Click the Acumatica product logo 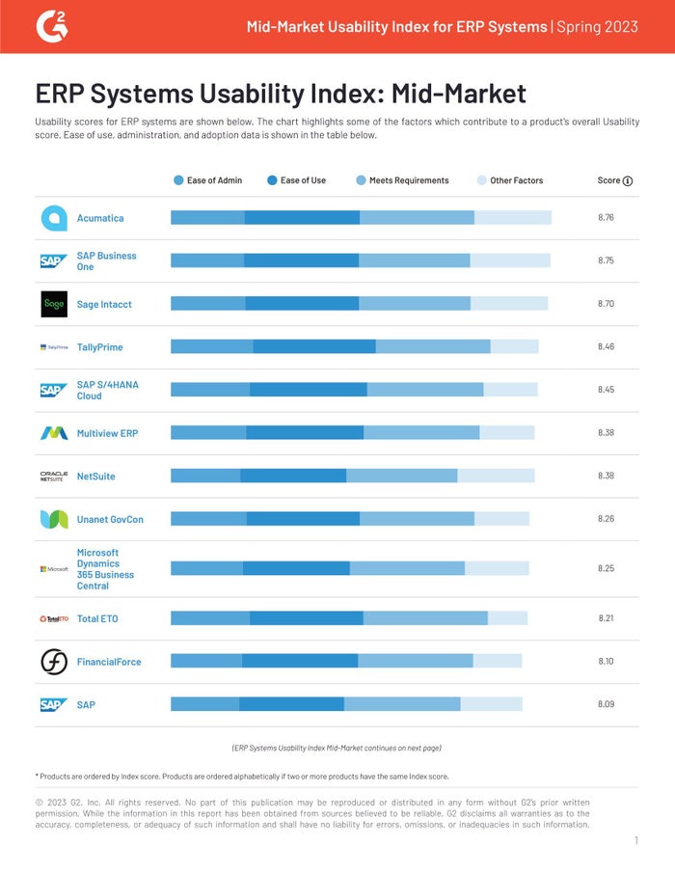pos(54,218)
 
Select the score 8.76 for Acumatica pos(606,218)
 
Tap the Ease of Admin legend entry pos(208,180)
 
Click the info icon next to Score pos(628,180)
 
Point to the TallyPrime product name pos(100,347)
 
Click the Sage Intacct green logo pos(54,304)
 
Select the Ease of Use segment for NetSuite pos(293,476)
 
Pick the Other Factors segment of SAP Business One pos(510,260)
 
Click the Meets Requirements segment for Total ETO pos(425,618)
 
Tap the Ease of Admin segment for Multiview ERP pos(208,433)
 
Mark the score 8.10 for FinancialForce pos(606,661)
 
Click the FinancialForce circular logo pos(54,661)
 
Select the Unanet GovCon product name pos(110,519)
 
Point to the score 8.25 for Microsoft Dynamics pos(606,568)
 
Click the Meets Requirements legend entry pos(403,180)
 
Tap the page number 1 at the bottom pos(635,841)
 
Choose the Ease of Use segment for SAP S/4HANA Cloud pos(309,390)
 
